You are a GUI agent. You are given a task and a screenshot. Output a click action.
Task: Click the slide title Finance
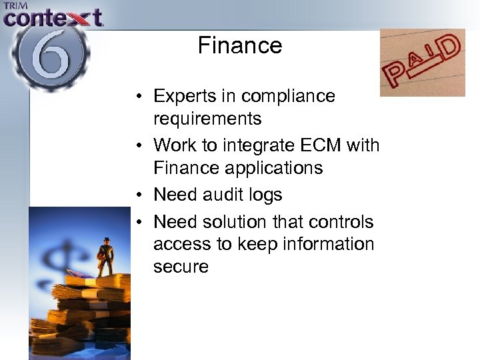click(x=240, y=45)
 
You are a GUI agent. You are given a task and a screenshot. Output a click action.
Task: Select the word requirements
click(x=207, y=119)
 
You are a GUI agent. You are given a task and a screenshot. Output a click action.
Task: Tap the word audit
click(x=225, y=195)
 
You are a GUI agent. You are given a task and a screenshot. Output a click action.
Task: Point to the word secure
click(x=181, y=267)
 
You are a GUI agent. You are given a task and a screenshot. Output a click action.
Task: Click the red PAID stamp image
click(x=422, y=63)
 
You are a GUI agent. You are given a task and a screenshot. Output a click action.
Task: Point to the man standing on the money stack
click(x=105, y=256)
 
